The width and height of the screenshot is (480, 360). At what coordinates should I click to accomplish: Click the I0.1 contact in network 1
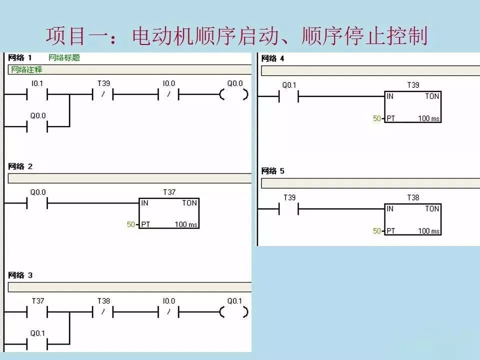(x=37, y=94)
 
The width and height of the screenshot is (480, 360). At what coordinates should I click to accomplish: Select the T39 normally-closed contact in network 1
(x=103, y=94)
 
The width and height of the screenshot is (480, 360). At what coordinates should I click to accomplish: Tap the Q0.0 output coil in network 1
(x=234, y=94)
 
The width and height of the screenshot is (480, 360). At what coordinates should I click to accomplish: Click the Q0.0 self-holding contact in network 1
(x=37, y=126)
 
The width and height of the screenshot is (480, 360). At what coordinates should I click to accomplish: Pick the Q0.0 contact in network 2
(x=37, y=203)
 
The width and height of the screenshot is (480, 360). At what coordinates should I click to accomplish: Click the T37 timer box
(x=169, y=213)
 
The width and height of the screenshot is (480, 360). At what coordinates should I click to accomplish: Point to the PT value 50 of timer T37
(x=130, y=224)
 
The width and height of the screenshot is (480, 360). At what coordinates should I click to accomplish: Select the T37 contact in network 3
(x=37, y=312)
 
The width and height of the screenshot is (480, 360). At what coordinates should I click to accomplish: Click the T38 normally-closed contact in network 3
(x=103, y=312)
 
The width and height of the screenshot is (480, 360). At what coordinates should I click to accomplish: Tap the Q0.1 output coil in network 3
(x=234, y=312)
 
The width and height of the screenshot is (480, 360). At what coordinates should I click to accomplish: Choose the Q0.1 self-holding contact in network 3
(x=37, y=344)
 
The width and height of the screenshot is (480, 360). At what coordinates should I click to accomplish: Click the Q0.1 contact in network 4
(x=288, y=96)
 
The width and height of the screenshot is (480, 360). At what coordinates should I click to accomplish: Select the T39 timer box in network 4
(x=412, y=107)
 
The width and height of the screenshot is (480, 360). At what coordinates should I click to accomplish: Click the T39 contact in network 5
(x=288, y=209)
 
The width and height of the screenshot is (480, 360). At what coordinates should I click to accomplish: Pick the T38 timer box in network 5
(x=412, y=219)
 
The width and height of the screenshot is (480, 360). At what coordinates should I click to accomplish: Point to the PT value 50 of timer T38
(x=377, y=231)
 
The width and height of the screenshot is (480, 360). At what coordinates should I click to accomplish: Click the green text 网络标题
(x=64, y=57)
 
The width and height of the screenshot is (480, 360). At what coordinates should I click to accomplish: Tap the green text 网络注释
(x=26, y=69)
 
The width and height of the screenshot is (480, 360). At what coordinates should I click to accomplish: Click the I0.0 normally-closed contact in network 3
(x=168, y=312)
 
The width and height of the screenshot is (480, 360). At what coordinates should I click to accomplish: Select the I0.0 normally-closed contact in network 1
(x=168, y=94)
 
